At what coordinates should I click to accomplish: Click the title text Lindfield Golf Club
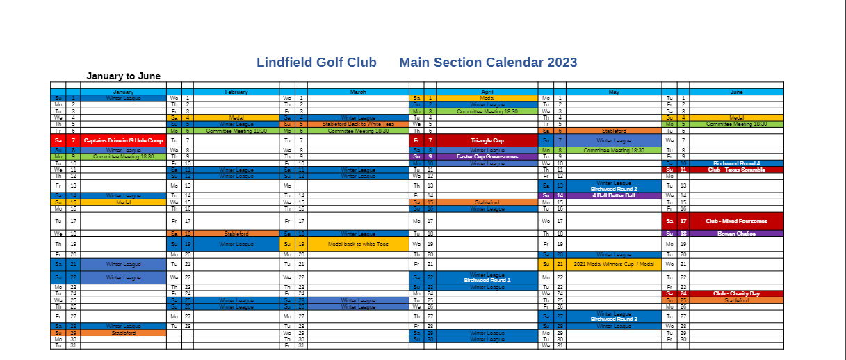coord(316,63)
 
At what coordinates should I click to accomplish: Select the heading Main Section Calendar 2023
coord(488,63)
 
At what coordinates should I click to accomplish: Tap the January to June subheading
coord(123,76)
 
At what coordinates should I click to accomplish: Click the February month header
coord(236,92)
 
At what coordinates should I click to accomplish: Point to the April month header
coord(487,92)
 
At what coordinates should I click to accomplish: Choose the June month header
coord(736,92)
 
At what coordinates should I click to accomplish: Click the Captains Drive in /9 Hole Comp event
coord(123,140)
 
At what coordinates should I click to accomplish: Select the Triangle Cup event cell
coord(487,140)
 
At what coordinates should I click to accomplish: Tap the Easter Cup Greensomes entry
coord(487,157)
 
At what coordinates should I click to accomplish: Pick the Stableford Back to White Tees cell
coord(358,124)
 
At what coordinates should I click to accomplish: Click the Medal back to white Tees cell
coord(358,245)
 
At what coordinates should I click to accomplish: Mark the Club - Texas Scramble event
coord(736,170)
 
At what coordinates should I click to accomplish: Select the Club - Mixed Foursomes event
coord(736,221)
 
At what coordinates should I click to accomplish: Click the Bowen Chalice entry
coord(736,234)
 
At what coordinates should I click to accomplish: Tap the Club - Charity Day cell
coord(736,293)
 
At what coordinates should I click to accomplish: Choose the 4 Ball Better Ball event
coord(614,195)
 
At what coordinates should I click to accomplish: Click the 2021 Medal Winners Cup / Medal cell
coord(614,264)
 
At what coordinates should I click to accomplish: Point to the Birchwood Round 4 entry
coord(736,163)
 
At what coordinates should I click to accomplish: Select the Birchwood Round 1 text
coord(487,280)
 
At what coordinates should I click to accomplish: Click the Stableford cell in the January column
coord(123,333)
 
